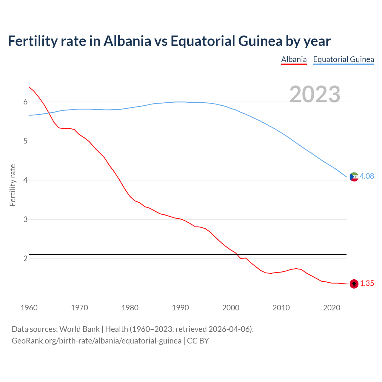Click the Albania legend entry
click(294, 59)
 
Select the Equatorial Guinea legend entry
click(343, 59)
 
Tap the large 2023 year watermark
click(315, 94)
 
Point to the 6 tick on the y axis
click(25, 102)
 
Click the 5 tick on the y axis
click(25, 141)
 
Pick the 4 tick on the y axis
click(25, 180)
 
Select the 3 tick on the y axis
click(25, 219)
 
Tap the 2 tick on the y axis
click(25, 258)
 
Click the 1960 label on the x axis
click(29, 308)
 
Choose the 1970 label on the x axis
click(79, 308)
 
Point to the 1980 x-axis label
click(130, 308)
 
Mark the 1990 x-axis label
click(180, 308)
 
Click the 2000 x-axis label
click(231, 308)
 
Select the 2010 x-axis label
click(281, 308)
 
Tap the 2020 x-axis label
click(332, 308)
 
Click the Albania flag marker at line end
click(354, 284)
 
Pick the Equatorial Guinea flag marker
click(354, 177)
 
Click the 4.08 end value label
click(367, 176)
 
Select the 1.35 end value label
click(367, 284)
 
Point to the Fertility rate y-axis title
click(13, 185)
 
